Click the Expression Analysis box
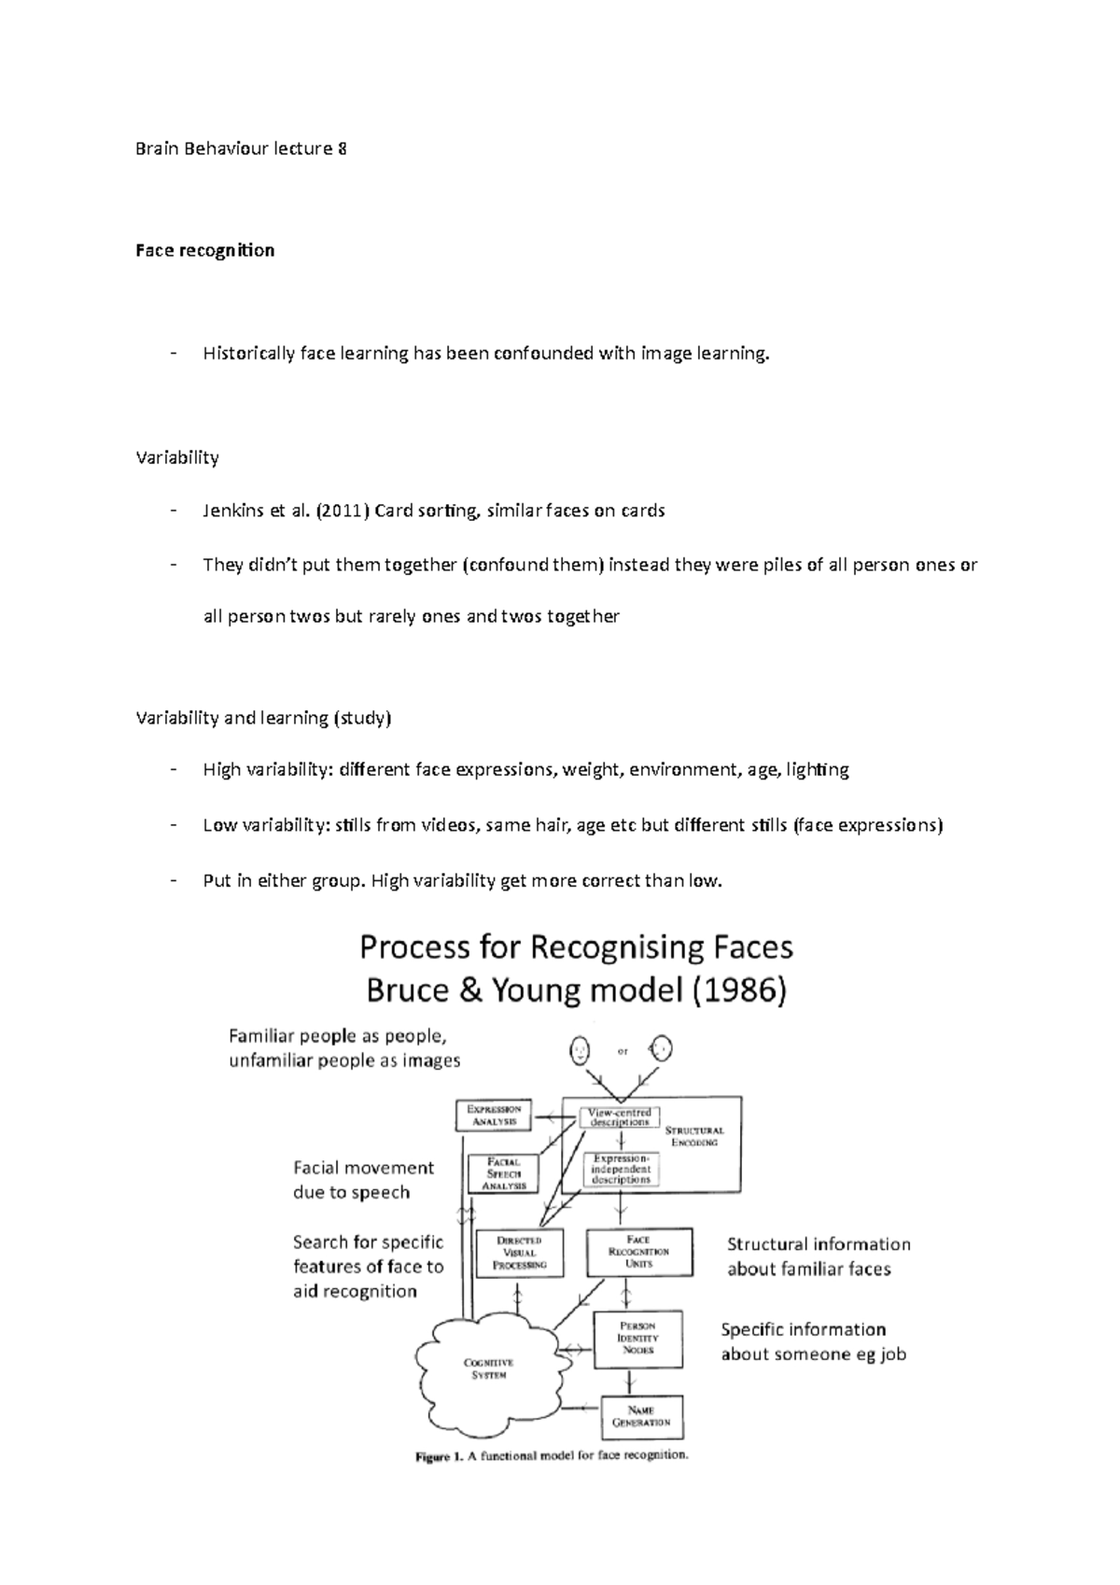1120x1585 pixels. pyautogui.click(x=493, y=1115)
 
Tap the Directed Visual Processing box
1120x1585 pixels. pyautogui.click(x=520, y=1252)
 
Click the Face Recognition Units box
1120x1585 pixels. pyautogui.click(x=639, y=1252)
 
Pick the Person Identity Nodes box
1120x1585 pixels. pyautogui.click(x=638, y=1339)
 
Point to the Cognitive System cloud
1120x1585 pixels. pyautogui.click(x=488, y=1368)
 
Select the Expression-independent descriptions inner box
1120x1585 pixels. pyautogui.click(x=620, y=1169)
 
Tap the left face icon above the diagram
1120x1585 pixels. pyautogui.click(x=581, y=1051)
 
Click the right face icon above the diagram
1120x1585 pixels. pyautogui.click(x=662, y=1049)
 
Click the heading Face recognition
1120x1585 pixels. pyautogui.click(x=204, y=250)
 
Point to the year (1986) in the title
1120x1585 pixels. pyautogui.click(x=737, y=990)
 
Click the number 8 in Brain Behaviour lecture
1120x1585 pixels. pyautogui.click(x=342, y=148)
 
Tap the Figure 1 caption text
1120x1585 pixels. pyautogui.click(x=551, y=1454)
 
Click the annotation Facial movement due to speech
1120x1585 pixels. pyautogui.click(x=363, y=1180)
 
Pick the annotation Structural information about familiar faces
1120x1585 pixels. pyautogui.click(x=818, y=1256)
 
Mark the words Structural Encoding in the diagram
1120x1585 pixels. pyautogui.click(x=693, y=1136)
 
